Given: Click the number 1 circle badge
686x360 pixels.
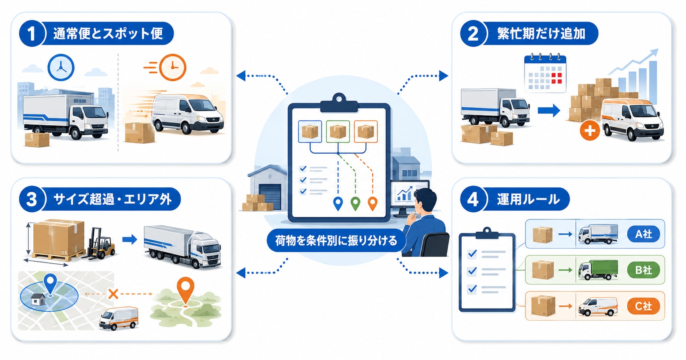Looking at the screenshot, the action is click(x=32, y=34).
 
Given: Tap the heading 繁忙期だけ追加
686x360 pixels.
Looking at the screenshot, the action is click(x=541, y=34).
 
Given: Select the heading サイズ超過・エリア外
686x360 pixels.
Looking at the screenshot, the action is click(x=112, y=199).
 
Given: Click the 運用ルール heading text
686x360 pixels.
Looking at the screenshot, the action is click(x=528, y=199).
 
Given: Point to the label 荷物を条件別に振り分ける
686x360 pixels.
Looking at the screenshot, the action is click(x=336, y=240).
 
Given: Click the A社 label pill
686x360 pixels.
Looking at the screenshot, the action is click(x=643, y=234).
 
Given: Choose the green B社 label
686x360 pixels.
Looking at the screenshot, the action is click(x=643, y=270).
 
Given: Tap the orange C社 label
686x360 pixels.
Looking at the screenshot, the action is click(x=643, y=306).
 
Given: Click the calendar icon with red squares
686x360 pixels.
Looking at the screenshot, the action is click(x=545, y=73).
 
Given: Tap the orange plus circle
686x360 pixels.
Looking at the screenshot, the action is click(x=590, y=131).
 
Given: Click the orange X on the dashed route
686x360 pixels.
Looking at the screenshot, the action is click(x=113, y=294).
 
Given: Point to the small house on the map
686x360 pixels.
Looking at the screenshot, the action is click(x=37, y=300).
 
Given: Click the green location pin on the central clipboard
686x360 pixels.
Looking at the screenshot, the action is click(x=355, y=203).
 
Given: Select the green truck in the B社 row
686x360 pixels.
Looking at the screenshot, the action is click(x=598, y=270).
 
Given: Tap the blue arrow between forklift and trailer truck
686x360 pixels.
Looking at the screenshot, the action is click(x=130, y=240).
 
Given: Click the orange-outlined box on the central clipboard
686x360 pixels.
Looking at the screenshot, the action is click(x=365, y=131).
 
